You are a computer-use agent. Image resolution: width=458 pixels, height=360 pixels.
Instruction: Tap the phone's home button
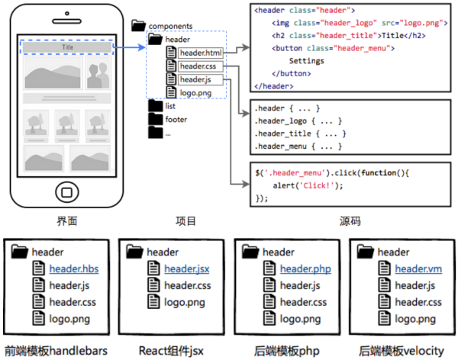67,190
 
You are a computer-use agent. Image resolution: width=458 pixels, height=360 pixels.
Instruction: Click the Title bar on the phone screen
67,47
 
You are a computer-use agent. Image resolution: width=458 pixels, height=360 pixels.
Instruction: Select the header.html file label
202,53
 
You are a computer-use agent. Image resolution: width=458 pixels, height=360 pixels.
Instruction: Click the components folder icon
139,25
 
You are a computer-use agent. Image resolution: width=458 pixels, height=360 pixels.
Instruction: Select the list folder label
170,106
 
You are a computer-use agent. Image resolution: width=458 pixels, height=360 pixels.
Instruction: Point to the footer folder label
176,119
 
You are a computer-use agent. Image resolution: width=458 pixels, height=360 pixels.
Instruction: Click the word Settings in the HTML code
307,60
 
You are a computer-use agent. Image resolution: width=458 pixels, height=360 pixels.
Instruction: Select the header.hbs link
74,269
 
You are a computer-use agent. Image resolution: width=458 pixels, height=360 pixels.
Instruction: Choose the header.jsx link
185,269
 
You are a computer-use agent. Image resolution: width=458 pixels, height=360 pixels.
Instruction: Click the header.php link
305,269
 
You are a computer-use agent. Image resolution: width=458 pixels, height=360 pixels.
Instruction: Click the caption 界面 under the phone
67,222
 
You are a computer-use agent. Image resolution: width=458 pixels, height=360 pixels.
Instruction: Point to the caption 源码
350,222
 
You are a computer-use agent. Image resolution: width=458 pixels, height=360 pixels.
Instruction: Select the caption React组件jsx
172,351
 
